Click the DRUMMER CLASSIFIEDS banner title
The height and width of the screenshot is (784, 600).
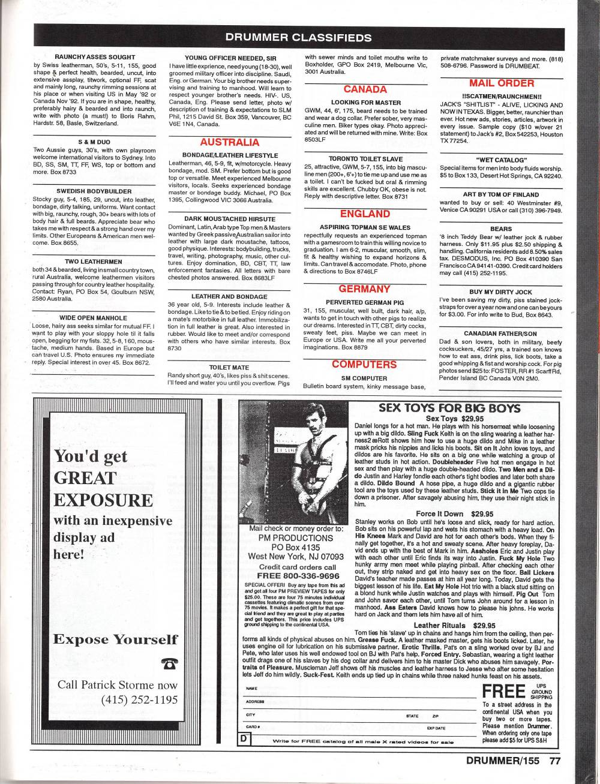point(298,37)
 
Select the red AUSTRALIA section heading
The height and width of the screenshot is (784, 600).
point(221,142)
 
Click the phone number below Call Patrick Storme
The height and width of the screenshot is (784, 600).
point(140,701)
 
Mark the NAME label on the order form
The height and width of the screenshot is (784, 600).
point(251,688)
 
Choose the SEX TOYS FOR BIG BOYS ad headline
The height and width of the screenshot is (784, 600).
point(449,408)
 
